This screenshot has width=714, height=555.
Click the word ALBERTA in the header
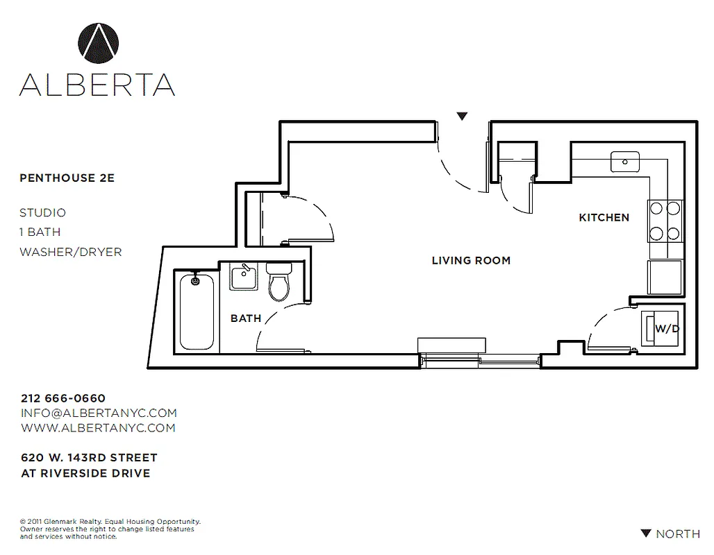pos(97,83)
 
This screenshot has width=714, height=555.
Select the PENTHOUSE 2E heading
pos(67,178)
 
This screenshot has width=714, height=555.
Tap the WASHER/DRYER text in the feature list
pos(70,252)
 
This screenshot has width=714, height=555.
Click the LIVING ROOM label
pos(471,261)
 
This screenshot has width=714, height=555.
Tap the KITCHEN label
pos(604,218)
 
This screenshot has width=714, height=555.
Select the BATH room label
pos(246,318)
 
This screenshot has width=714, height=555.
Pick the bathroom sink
pos(243,278)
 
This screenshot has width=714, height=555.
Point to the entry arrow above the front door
pos(463,117)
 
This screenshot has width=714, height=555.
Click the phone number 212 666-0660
pos(63,398)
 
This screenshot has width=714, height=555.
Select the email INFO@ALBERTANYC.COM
pos(99,413)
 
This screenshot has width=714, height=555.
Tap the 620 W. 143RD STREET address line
pos(89,458)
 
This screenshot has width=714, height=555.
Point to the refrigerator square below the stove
pos(665,277)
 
